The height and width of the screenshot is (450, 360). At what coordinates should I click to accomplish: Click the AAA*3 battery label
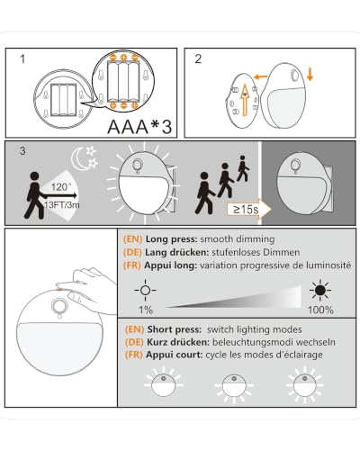pyautogui.click(x=139, y=127)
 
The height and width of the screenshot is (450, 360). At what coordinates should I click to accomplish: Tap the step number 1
pyautogui.click(x=22, y=59)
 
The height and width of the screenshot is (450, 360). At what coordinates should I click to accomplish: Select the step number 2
pyautogui.click(x=198, y=59)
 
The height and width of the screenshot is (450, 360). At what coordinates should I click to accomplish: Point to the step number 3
pyautogui.click(x=22, y=150)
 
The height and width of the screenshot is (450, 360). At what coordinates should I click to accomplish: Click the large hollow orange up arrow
pyautogui.click(x=245, y=100)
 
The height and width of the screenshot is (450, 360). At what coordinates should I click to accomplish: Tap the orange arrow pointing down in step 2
pyautogui.click(x=310, y=74)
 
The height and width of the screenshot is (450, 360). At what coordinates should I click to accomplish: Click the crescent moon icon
pyautogui.click(x=77, y=159)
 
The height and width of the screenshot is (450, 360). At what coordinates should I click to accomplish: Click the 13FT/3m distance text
pyautogui.click(x=62, y=205)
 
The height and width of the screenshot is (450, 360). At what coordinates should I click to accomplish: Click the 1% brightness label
pyautogui.click(x=146, y=310)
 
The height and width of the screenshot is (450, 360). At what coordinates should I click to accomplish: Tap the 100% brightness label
pyautogui.click(x=320, y=310)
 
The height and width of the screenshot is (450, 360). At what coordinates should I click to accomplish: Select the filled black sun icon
pyautogui.click(x=320, y=290)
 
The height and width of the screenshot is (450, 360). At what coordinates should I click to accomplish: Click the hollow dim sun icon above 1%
pyautogui.click(x=145, y=290)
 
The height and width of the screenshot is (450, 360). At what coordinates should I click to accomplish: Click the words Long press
pyautogui.click(x=171, y=239)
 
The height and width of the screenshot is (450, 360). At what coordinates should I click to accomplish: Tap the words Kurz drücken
pyautogui.click(x=178, y=342)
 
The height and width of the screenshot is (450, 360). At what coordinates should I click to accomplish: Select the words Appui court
pyautogui.click(x=175, y=355)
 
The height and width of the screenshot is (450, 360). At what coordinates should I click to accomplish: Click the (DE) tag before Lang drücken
pyautogui.click(x=132, y=252)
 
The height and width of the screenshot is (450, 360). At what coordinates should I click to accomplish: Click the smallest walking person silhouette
pyautogui.click(x=242, y=168)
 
